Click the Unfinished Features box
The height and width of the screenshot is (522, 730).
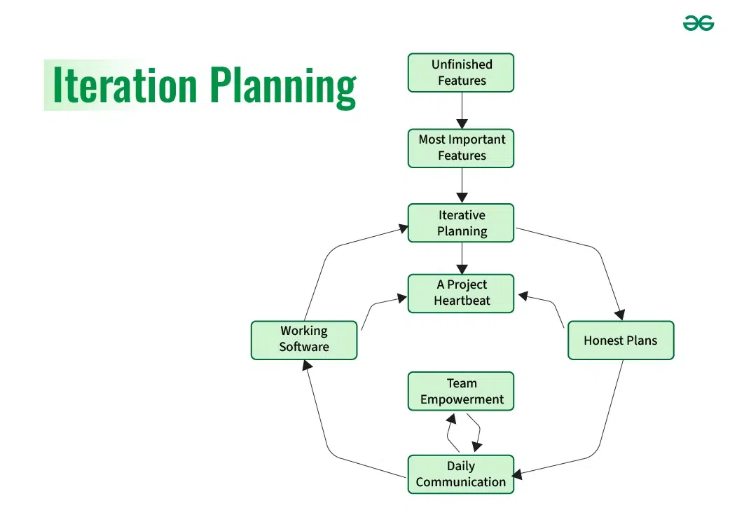pos(461,73)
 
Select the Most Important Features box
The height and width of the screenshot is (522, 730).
pos(461,148)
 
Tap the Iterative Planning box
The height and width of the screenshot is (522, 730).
pos(461,223)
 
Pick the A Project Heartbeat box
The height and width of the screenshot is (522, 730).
pos(461,293)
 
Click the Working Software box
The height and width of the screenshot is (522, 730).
pos(304,340)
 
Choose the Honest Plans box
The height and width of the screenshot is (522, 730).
pos(620,341)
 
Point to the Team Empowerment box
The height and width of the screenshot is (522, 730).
pos(461,391)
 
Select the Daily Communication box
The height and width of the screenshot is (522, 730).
pos(461,474)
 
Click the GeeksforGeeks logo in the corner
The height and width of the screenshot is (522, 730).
pos(698,23)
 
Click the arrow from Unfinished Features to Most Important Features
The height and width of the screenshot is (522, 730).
pos(462,110)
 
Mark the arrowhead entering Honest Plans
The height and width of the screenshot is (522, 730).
pos(618,315)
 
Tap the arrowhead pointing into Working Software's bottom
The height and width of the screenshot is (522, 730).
pos(306,366)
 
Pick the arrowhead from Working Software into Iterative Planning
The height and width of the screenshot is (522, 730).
pos(403,228)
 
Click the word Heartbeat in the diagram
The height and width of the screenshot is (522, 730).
pos(462,301)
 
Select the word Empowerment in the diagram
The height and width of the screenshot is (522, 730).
pos(462,399)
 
